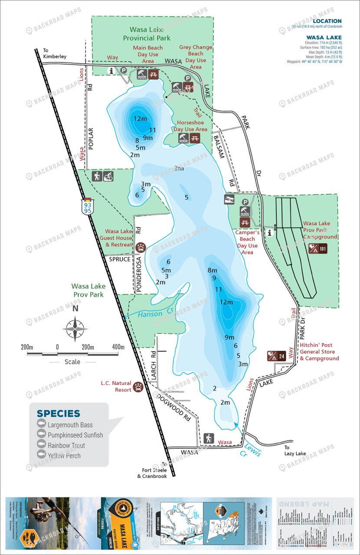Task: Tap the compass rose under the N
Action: coord(75,329)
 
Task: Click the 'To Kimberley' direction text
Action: coord(54,53)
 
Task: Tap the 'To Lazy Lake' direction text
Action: coord(295,451)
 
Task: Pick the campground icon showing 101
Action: coord(317,248)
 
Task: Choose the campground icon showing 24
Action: coord(276,356)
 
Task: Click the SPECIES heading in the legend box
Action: coord(59,414)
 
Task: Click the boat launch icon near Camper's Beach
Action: coord(229,199)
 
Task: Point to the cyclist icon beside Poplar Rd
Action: coord(108,176)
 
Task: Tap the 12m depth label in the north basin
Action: coord(140,118)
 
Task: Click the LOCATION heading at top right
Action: coord(327,21)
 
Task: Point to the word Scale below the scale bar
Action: coord(72,362)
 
